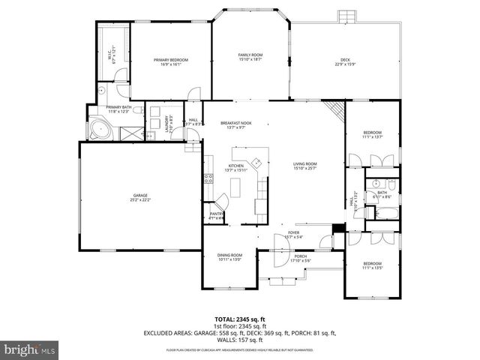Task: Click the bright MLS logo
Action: pyautogui.click(x=30, y=349)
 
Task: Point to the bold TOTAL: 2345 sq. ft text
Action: pyautogui.click(x=240, y=319)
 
